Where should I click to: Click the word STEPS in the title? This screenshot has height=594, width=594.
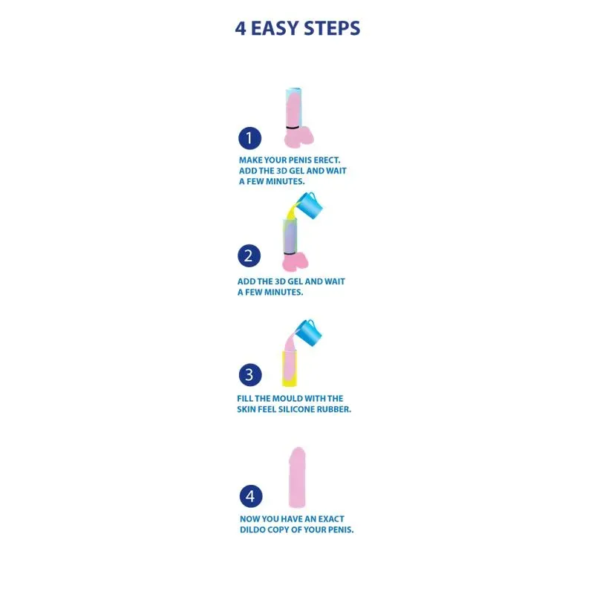[x=332, y=28]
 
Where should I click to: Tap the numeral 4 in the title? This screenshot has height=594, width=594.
[x=241, y=28]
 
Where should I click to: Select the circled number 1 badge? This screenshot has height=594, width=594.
[x=249, y=138]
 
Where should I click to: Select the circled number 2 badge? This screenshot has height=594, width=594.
[x=249, y=255]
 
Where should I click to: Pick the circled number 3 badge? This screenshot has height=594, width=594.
[x=250, y=375]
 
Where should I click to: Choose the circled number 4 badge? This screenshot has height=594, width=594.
[x=251, y=496]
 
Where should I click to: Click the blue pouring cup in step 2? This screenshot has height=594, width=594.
[x=309, y=206]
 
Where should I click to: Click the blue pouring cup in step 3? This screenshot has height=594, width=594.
[x=308, y=333]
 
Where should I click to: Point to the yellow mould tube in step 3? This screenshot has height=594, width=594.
[x=290, y=368]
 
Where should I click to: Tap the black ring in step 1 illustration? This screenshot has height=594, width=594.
[x=293, y=128]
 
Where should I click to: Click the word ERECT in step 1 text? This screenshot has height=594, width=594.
[x=327, y=160]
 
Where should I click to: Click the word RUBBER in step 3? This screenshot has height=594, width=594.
[x=337, y=410]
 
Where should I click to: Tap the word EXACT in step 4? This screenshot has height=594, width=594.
[x=331, y=519]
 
